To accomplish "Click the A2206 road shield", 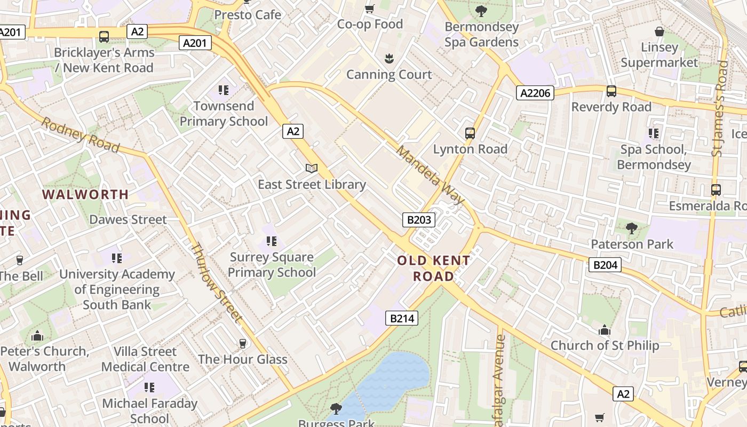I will point(536,93).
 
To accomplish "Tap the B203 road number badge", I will point(418,219).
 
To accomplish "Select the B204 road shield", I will point(605,264).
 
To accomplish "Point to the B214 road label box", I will point(401,319).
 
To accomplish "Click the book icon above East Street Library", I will point(312,169).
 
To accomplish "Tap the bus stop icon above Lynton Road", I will point(470,133).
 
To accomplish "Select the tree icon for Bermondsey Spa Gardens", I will point(481,11).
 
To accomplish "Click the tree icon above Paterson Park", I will point(632,228).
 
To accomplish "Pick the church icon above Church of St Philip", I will point(605,330).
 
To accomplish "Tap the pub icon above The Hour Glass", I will point(243,343).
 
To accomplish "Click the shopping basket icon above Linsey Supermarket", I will point(659,31).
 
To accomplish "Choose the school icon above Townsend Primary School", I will point(223,90).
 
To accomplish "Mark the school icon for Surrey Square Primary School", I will point(272,241).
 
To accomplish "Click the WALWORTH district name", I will point(85,195).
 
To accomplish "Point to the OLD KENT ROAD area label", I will point(433,268).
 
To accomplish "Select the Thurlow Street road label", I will point(216,282).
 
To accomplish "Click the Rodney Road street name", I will point(80,135).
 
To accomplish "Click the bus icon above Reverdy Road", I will point(611,91).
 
